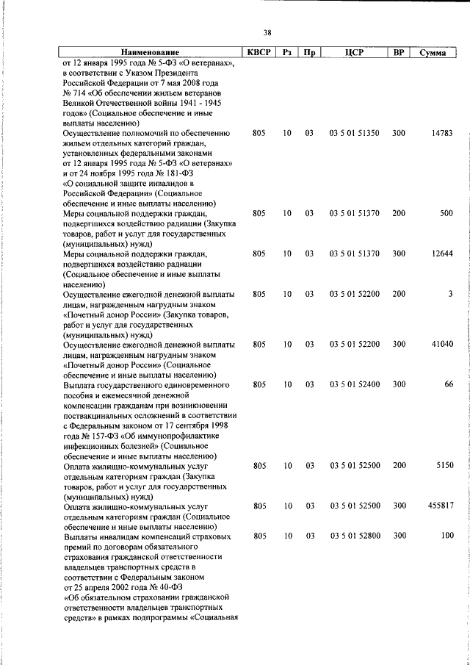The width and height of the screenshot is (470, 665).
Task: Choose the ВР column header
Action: tap(399, 53)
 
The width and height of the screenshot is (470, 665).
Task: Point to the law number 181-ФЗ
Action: tap(196, 173)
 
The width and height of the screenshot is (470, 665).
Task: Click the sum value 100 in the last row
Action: tap(446, 536)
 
